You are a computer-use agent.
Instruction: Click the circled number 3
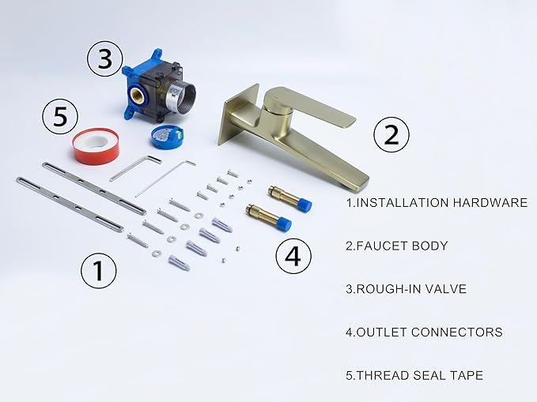(104, 59)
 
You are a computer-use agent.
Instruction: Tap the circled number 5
(60, 116)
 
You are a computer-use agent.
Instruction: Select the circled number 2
(391, 134)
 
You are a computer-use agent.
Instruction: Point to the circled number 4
(293, 256)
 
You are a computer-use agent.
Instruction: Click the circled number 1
(98, 270)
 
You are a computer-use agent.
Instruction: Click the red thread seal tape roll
(95, 146)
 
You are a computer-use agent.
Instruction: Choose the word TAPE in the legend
(466, 375)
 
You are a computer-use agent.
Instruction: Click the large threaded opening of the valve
(183, 97)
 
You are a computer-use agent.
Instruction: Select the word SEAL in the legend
(429, 375)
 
